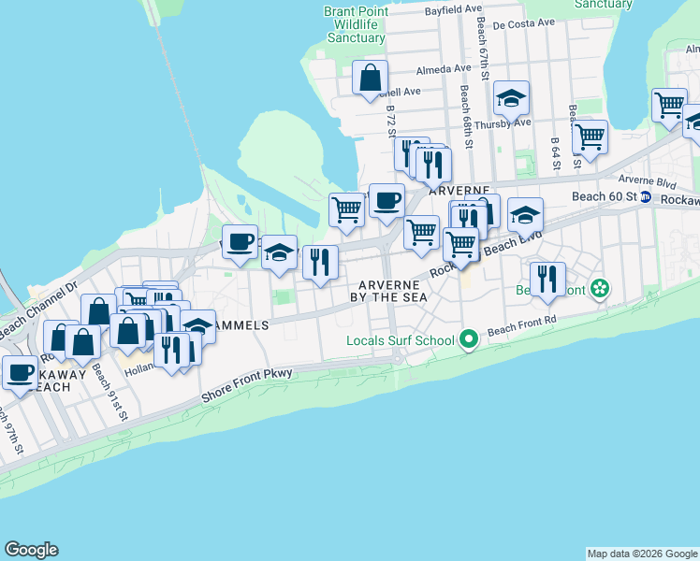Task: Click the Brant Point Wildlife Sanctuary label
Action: (x=355, y=24)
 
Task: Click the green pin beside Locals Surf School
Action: (x=470, y=338)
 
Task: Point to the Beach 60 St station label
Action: (x=604, y=196)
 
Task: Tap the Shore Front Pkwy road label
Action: (x=246, y=386)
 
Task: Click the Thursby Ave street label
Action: (x=503, y=123)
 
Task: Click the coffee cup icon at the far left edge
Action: (x=20, y=372)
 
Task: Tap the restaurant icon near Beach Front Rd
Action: (x=547, y=278)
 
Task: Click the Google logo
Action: (x=32, y=550)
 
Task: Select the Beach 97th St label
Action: (x=12, y=432)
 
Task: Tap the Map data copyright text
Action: (x=642, y=554)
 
